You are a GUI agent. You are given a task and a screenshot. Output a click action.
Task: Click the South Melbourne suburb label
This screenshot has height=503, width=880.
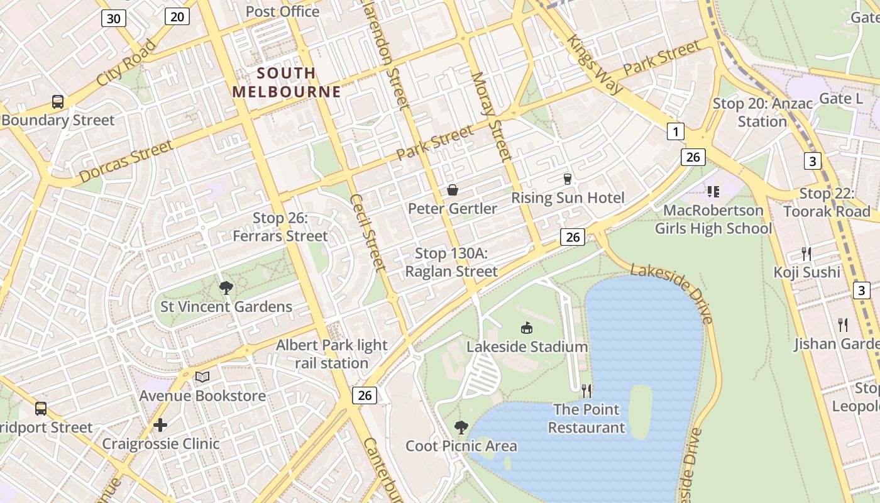point(286,82)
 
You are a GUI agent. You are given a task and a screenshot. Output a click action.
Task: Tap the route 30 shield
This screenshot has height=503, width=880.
point(114,18)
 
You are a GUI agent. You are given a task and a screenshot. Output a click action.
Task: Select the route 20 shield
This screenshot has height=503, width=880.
point(177,16)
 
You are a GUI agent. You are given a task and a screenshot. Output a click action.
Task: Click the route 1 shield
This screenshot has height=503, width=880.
point(675,131)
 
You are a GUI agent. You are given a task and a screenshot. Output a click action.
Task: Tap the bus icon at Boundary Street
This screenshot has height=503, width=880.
point(57,101)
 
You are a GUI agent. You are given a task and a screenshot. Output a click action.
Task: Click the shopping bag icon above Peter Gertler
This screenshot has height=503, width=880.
point(452,190)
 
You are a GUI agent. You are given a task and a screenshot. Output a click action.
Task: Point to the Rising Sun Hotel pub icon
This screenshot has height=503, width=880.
point(568,179)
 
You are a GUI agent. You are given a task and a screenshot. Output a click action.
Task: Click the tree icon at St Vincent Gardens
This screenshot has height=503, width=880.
point(226,288)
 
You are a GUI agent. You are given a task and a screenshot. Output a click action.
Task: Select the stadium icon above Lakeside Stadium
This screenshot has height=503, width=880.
point(527,328)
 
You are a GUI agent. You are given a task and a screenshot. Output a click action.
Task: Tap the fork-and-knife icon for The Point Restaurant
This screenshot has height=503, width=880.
point(586,391)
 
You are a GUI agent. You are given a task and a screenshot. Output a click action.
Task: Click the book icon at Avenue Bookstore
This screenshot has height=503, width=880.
point(202,377)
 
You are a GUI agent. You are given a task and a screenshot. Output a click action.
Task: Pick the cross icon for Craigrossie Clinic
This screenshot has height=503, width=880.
point(160,425)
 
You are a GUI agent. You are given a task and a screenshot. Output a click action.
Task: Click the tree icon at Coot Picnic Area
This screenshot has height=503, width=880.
point(461,428)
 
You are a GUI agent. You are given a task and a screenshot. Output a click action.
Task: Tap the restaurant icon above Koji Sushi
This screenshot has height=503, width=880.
point(806,254)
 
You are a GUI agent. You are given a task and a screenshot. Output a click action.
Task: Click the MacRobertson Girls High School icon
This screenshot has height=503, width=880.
point(713,191)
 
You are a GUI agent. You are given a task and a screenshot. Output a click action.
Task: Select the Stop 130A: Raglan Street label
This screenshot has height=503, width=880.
point(451,263)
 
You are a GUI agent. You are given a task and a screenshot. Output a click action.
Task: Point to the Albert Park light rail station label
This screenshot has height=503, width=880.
point(332,354)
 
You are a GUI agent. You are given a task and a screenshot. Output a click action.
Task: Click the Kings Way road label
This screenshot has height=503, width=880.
point(595,64)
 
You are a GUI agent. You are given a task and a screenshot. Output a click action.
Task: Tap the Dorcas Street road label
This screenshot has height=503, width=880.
point(126,162)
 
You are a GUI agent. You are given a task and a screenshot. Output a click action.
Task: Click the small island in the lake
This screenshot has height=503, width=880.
point(640,412)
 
